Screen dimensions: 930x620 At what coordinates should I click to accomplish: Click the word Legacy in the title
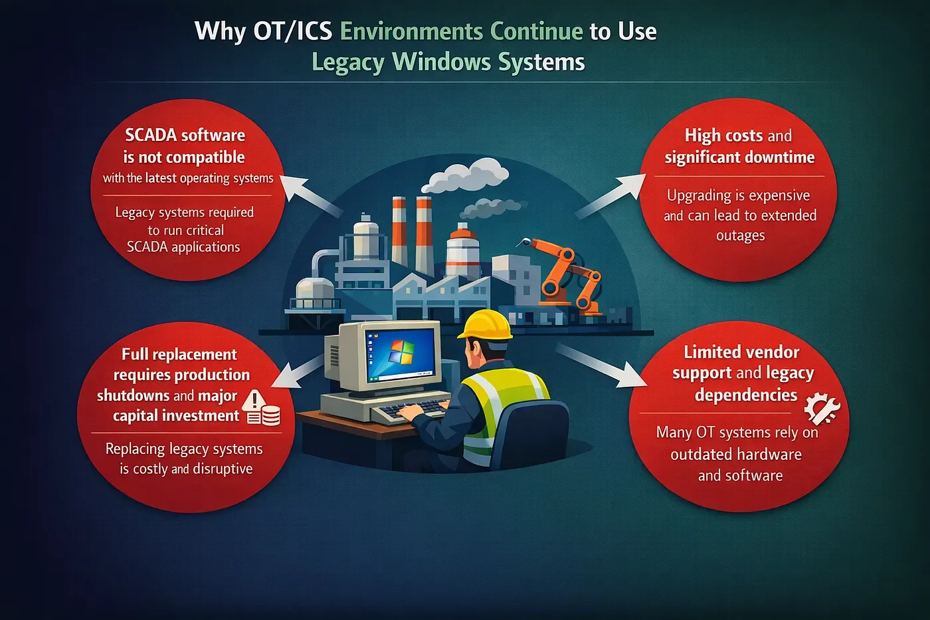pyautogui.click(x=347, y=62)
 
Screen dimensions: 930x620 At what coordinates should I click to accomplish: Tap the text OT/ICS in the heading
pyautogui.click(x=292, y=31)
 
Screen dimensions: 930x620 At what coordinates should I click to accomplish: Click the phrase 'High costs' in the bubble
pyautogui.click(x=723, y=136)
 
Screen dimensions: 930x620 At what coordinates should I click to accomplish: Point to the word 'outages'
pyautogui.click(x=740, y=235)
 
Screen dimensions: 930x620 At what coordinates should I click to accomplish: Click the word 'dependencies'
pyautogui.click(x=745, y=395)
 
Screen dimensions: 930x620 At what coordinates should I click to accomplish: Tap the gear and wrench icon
pyautogui.click(x=822, y=409)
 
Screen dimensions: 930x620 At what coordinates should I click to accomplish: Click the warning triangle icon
pyautogui.click(x=254, y=399)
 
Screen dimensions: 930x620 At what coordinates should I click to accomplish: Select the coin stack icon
pyautogui.click(x=270, y=416)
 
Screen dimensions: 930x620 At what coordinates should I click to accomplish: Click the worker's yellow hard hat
pyautogui.click(x=486, y=325)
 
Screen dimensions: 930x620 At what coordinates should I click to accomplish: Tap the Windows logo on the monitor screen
pyautogui.click(x=401, y=352)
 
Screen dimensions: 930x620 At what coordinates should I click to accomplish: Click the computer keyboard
pyautogui.click(x=411, y=409)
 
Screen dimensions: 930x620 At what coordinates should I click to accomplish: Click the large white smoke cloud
pyautogui.click(x=465, y=177)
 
